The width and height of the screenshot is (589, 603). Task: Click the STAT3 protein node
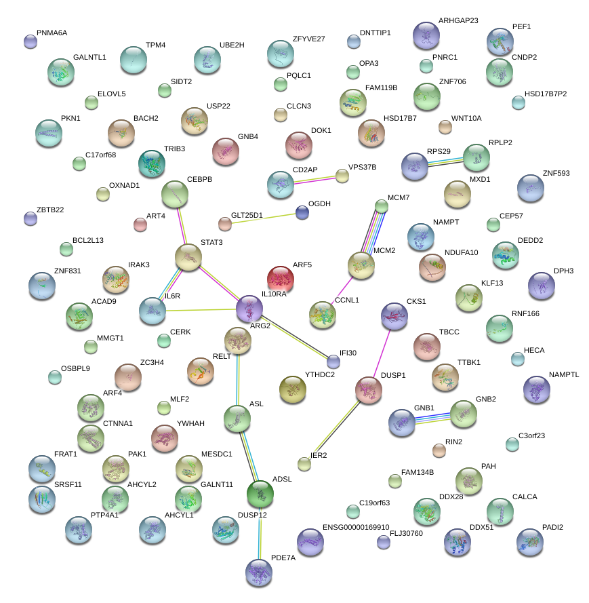pos(188,257)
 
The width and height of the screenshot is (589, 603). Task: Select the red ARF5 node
pos(280,278)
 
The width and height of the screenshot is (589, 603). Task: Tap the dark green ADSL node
pos(260,493)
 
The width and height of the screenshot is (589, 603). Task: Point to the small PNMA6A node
pos(30,41)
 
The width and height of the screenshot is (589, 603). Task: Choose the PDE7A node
pos(258,572)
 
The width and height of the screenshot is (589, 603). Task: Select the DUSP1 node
pos(369,390)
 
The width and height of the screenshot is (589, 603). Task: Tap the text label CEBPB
pos(200,180)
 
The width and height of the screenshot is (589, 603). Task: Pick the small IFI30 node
pos(333,361)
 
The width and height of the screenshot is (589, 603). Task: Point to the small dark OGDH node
pos(302,212)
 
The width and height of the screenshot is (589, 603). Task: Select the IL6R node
pos(152,310)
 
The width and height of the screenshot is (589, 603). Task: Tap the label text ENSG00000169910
pos(356,527)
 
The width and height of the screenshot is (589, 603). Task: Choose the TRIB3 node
pos(151,163)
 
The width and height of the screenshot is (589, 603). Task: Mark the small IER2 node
pos(304,463)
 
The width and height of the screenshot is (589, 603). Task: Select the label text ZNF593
pos(556,173)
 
